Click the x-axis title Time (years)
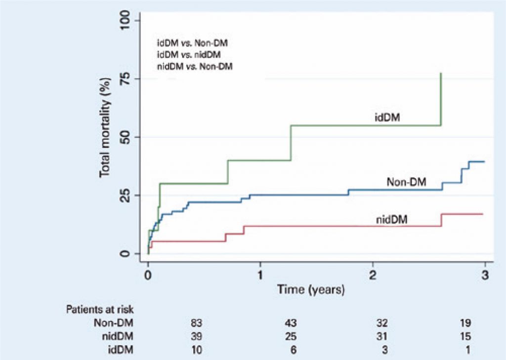click(310, 289)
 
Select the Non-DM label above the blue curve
click(407, 182)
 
